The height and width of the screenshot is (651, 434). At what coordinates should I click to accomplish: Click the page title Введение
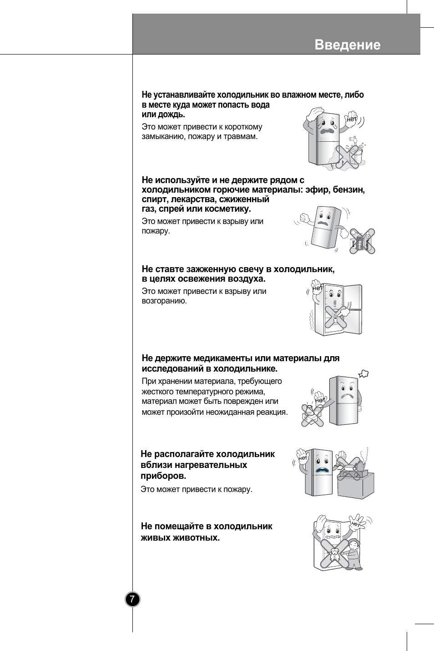[347, 45]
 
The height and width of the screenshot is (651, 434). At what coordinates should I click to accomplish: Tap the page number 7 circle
[132, 599]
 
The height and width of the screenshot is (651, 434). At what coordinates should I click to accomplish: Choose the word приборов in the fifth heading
[163, 476]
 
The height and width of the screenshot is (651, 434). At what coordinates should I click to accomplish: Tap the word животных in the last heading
[197, 537]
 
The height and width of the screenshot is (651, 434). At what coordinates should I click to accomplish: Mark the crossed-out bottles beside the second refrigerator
[363, 241]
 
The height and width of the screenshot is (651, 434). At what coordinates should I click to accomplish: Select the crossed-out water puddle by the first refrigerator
[346, 157]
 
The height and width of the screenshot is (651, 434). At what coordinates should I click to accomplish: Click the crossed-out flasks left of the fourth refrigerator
[312, 415]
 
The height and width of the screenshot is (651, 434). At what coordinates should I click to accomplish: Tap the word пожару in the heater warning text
[237, 489]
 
